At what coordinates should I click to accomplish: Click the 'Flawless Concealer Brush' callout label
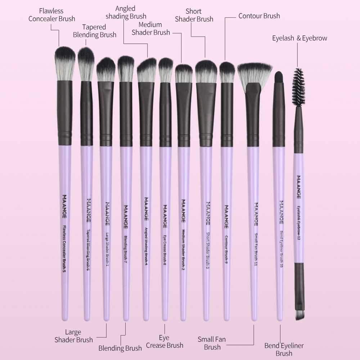51,15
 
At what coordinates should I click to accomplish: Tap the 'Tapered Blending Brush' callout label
95,31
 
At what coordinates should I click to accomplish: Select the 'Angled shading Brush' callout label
126,12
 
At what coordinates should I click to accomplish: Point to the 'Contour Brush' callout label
259,16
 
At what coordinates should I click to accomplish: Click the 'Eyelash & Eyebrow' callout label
300,38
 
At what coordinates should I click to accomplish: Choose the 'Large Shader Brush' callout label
73,336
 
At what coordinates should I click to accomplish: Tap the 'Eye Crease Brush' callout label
165,341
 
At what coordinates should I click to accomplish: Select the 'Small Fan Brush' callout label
212,343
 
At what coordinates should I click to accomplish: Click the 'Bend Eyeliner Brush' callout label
284,349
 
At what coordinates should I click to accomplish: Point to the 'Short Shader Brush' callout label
194,15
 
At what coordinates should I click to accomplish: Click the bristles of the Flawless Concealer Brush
65,63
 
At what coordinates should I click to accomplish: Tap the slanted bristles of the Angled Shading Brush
147,70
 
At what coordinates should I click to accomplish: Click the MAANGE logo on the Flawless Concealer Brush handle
64,206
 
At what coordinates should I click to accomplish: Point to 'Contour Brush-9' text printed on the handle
226,249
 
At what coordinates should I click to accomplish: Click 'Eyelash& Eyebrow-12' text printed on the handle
298,223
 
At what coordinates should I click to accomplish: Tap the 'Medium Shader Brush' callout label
150,28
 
